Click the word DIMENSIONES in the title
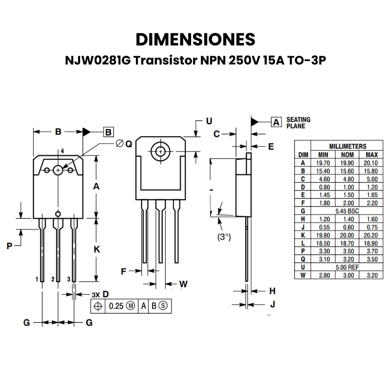[195, 39]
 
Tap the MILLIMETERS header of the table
[348, 146]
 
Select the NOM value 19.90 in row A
[348, 163]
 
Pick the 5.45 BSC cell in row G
[348, 211]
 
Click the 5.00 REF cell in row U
[348, 267]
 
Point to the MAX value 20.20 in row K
[372, 236]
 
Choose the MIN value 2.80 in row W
[323, 276]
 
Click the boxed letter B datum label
[109, 131]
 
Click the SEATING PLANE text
[298, 122]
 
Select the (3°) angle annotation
[224, 237]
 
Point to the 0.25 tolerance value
[115, 306]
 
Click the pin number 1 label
[37, 279]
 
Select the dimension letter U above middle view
[209, 120]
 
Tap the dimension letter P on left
[9, 246]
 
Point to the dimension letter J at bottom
[273, 304]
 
